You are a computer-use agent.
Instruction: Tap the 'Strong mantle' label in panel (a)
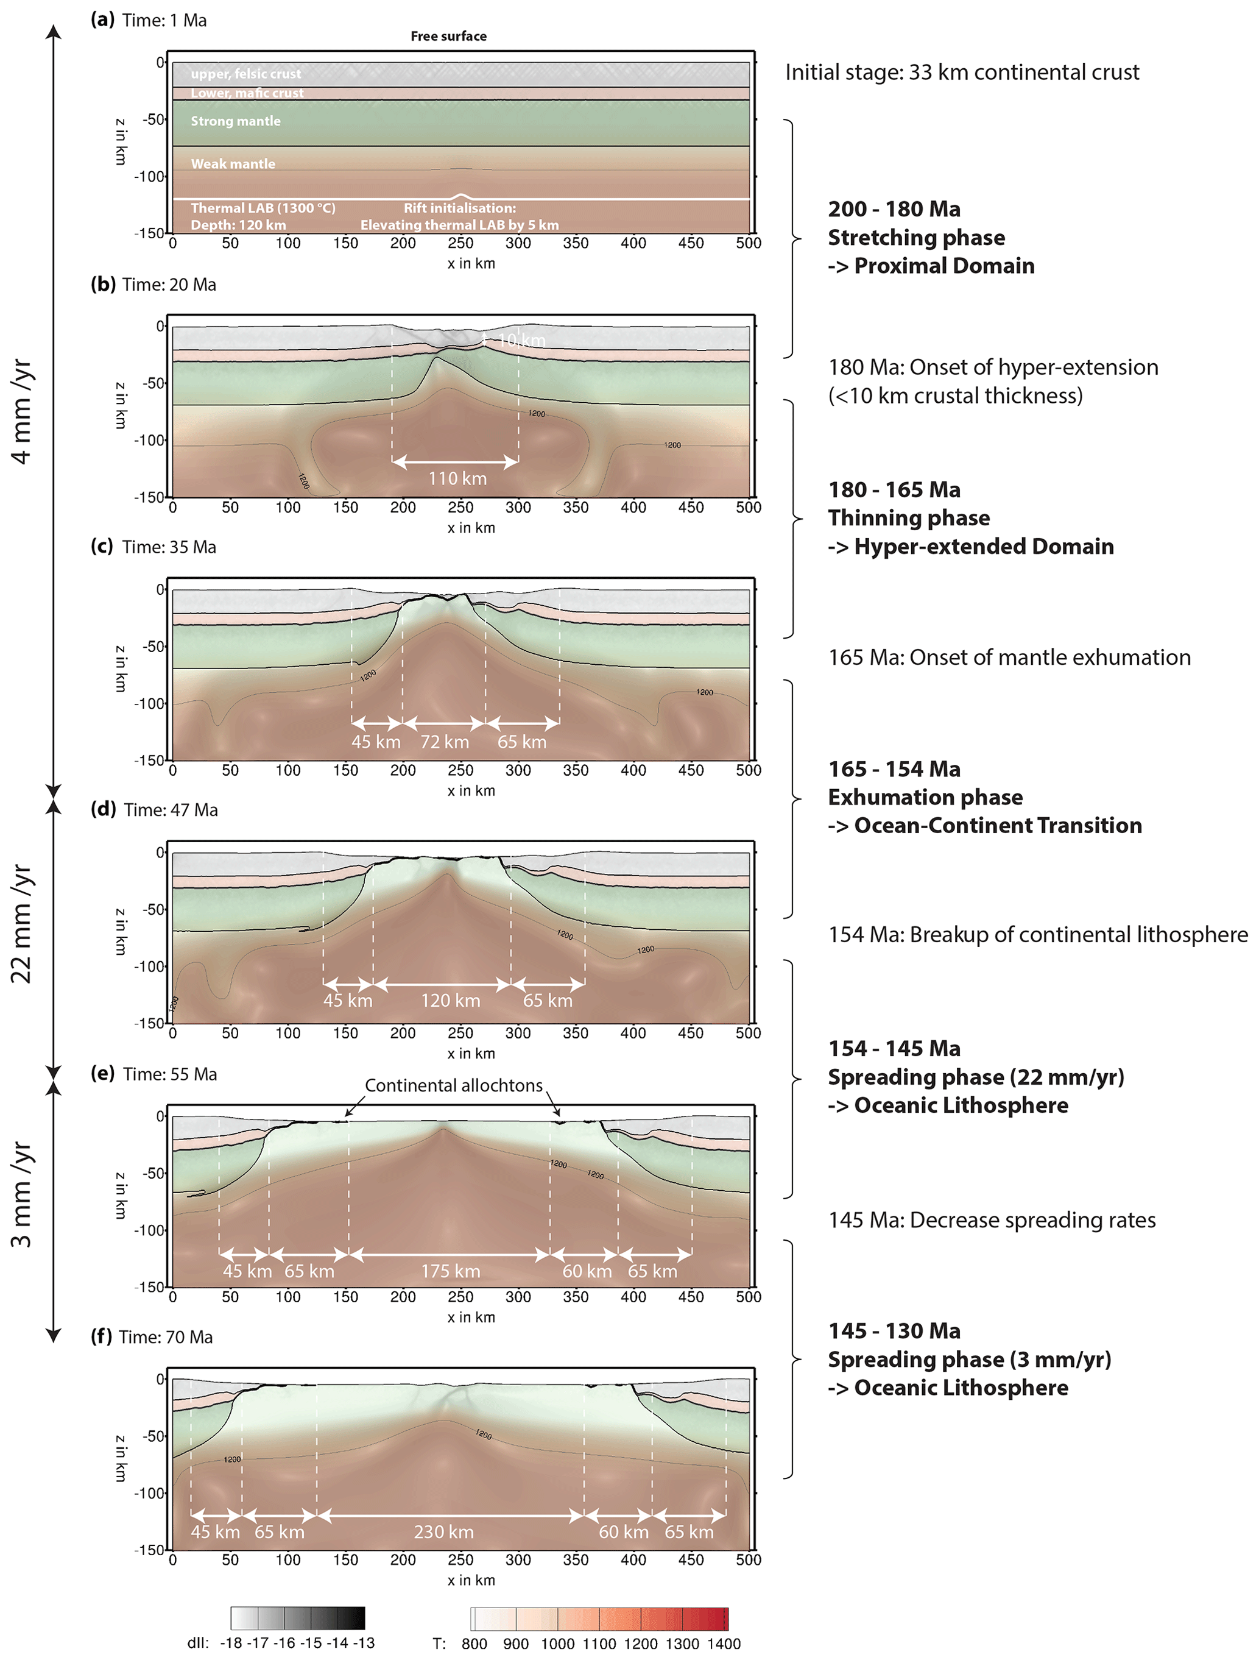coord(236,121)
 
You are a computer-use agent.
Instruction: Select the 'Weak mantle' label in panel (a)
coord(233,163)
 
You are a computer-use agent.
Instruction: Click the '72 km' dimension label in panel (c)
coord(444,742)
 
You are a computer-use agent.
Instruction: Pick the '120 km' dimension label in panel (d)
coord(450,1001)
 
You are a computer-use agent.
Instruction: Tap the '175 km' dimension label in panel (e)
coord(450,1271)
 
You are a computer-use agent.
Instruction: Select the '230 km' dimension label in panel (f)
coord(443,1531)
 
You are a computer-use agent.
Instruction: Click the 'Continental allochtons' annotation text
coord(453,1085)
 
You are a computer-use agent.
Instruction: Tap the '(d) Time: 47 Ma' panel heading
coord(154,810)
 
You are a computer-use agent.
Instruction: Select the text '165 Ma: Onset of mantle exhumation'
coord(1009,658)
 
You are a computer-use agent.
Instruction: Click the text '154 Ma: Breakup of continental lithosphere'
coord(1038,934)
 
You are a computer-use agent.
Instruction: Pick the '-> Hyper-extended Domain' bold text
coord(970,547)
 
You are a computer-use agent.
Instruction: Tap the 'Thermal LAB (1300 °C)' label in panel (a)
coord(263,208)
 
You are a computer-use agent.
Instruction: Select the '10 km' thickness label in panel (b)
coord(522,340)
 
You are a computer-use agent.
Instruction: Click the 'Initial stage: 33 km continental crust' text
coord(962,72)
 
